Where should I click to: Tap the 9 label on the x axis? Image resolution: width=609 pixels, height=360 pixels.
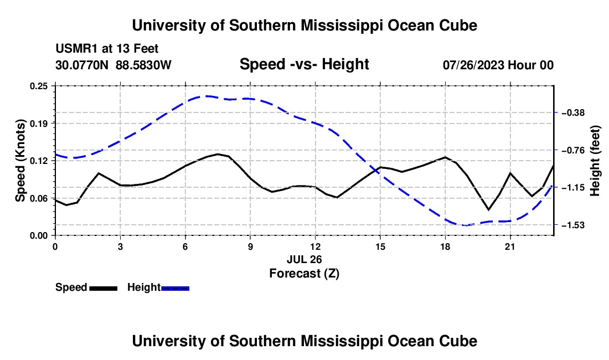pos(250,246)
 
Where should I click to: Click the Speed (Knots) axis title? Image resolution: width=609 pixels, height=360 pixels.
pos(20,161)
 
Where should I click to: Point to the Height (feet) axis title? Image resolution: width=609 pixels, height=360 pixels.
pos(595,161)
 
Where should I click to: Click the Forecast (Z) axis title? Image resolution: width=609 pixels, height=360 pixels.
pos(304,274)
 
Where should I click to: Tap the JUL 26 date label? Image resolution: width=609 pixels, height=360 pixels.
pos(304,259)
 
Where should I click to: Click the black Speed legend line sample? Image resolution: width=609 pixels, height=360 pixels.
pos(104,288)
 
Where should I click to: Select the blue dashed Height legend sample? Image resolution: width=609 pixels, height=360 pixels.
pos(175,288)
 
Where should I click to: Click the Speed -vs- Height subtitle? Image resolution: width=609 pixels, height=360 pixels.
pos(304,64)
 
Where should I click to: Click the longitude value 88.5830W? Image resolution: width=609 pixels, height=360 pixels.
pos(143,65)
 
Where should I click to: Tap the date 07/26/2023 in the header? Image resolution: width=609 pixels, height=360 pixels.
pos(473,65)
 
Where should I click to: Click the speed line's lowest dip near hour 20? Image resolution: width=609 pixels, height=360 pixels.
pos(489,210)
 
